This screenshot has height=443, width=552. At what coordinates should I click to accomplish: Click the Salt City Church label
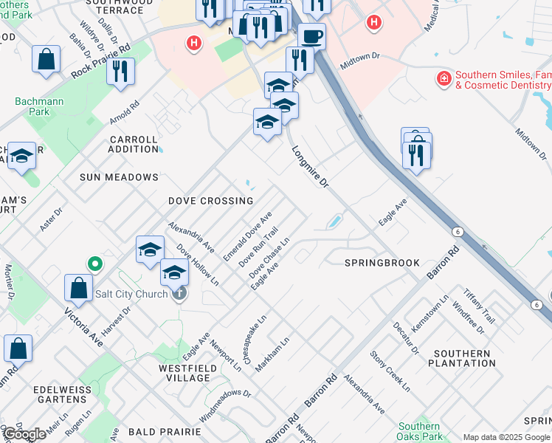tap(133, 294)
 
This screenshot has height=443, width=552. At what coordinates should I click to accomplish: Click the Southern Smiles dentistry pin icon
tap(444, 78)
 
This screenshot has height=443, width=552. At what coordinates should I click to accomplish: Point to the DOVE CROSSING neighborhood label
tap(210, 201)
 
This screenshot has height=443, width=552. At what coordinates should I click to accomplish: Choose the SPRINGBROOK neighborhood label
tap(382, 263)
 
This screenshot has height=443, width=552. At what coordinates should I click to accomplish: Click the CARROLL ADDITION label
tap(134, 144)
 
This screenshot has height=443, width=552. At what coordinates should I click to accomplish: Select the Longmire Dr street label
tap(309, 166)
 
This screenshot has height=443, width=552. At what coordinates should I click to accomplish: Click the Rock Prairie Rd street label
tap(100, 61)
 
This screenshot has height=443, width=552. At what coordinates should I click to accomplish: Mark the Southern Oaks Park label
tap(419, 431)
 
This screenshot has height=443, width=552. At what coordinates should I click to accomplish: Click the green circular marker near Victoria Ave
tap(94, 263)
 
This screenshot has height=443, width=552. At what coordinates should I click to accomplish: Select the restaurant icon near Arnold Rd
tap(120, 71)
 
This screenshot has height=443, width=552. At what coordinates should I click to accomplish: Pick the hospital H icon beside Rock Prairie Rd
tap(194, 44)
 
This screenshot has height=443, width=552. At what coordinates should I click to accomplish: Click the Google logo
tap(24, 434)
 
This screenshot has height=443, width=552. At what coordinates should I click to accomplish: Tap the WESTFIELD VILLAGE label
tap(184, 373)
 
